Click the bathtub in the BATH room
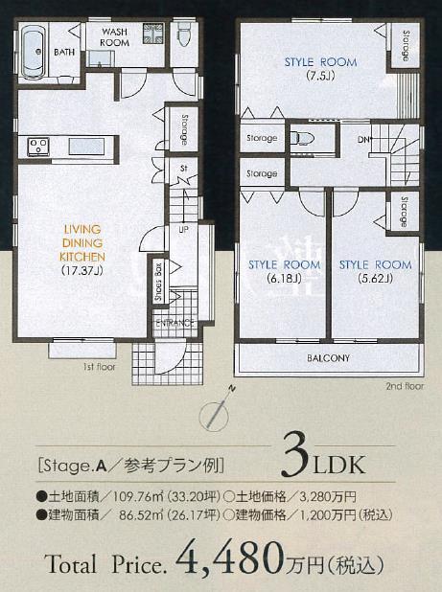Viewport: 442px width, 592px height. pos(32,54)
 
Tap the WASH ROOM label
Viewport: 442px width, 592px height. pos(115,36)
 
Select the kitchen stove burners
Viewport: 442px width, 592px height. pos(38,147)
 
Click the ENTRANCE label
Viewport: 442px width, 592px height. pos(175,324)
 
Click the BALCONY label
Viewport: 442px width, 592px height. pos(328,358)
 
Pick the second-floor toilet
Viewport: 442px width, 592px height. pos(303,137)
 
